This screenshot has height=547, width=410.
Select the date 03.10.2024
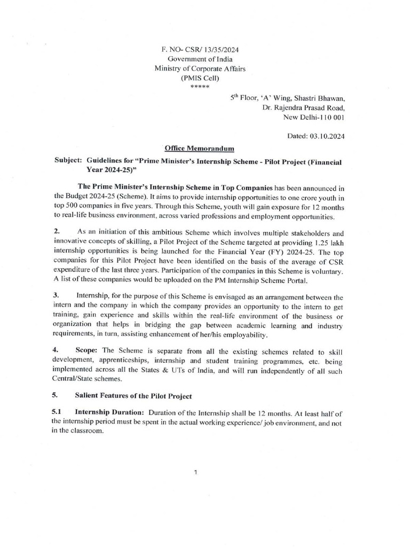327,136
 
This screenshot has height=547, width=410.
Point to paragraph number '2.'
57,232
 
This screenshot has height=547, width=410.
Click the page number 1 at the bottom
197,472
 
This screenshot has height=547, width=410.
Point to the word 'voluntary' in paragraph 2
327,271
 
